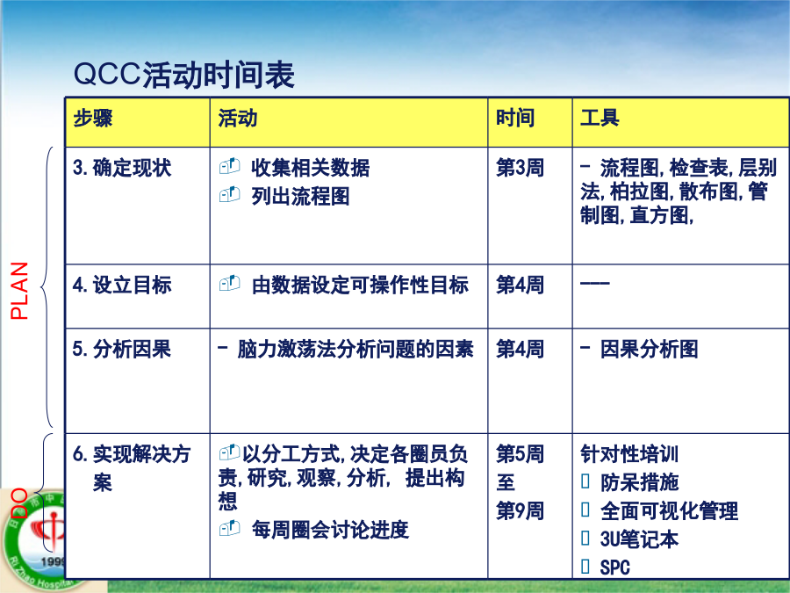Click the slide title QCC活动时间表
point(184,75)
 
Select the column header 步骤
point(93,118)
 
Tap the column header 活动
point(238,118)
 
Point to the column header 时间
point(515,118)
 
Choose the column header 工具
point(600,118)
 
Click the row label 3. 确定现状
point(122,168)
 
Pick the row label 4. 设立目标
point(122,285)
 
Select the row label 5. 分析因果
point(122,349)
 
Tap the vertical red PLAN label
point(19,291)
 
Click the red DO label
point(19,503)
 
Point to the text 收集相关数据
point(311,168)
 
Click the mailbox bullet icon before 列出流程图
point(230,194)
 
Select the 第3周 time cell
point(520,168)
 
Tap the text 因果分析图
point(649,349)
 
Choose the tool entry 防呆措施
point(639,482)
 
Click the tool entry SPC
point(614,568)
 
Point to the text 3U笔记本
point(639,539)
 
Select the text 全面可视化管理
point(669,510)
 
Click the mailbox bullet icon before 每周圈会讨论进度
point(230,528)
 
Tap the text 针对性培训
point(629,454)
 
